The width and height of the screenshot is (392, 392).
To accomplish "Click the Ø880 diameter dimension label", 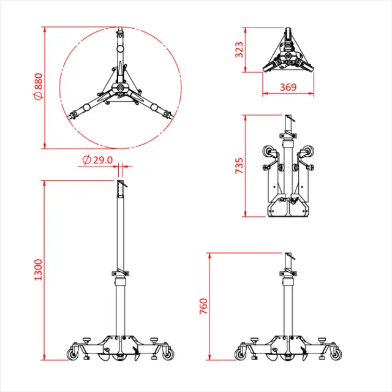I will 38,87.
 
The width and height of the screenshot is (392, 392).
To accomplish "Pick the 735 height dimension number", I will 239,165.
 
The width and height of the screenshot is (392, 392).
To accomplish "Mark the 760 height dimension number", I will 205,304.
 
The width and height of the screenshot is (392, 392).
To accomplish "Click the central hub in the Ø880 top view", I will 121,89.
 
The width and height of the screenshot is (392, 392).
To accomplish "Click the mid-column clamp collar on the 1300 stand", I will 121,273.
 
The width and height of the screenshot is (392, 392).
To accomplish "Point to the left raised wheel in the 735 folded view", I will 268,152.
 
